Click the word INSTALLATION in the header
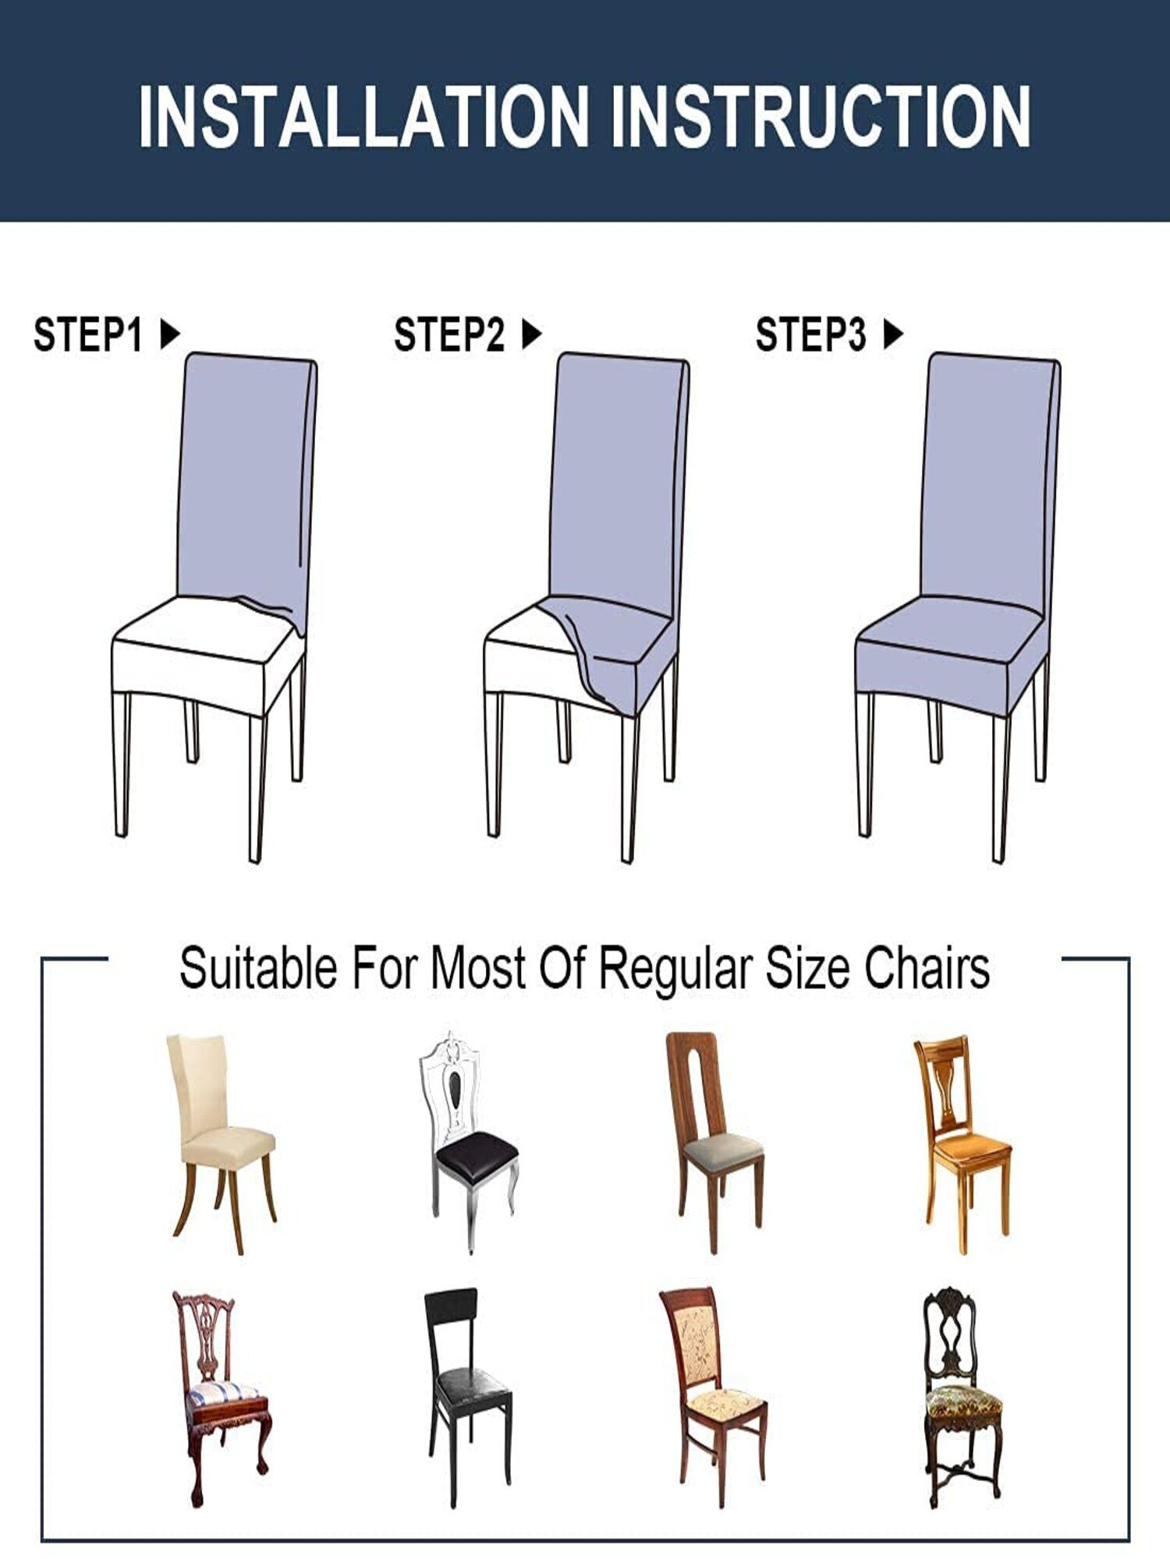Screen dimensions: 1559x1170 click(x=363, y=117)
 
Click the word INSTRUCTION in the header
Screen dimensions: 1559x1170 click(x=821, y=117)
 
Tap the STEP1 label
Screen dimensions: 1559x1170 click(x=87, y=335)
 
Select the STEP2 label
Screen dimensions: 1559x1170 click(x=449, y=335)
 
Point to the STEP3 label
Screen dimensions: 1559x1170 click(x=810, y=335)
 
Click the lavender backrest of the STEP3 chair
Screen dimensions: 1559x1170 click(x=991, y=475)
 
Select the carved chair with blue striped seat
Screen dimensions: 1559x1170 click(x=221, y=1395)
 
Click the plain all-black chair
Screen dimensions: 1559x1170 click(x=466, y=1395)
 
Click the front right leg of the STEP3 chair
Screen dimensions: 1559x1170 click(x=1000, y=787)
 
